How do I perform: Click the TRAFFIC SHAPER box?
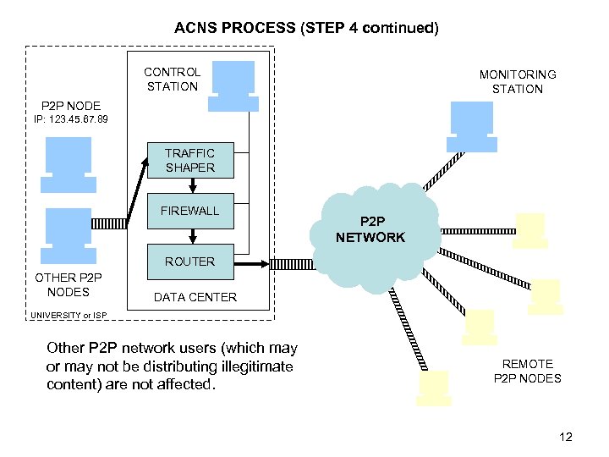tap(189, 160)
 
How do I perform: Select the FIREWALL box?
tap(189, 211)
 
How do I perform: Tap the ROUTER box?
tap(189, 262)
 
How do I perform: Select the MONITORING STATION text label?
tap(518, 82)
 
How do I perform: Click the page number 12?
tap(566, 437)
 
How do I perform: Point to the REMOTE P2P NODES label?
tap(527, 371)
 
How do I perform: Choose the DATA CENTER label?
tap(195, 297)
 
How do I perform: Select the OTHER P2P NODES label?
tap(68, 285)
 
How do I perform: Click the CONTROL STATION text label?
tap(172, 79)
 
